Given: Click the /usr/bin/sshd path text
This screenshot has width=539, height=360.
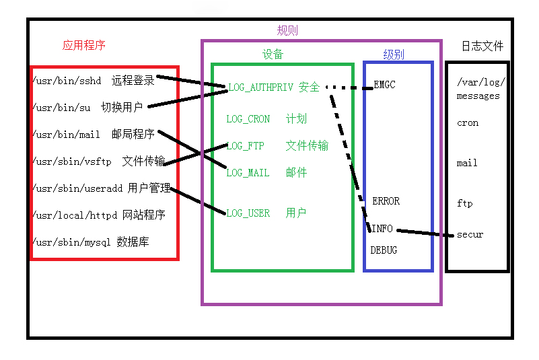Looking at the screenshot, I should click(67, 81).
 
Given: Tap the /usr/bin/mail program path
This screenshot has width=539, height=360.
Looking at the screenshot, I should click(67, 135).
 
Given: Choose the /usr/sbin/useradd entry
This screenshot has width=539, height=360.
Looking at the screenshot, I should click(77, 188).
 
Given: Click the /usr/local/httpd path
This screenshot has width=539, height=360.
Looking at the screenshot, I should click(75, 215).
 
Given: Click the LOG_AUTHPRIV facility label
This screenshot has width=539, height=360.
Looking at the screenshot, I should click(260, 87).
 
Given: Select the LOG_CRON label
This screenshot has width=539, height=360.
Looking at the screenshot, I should click(248, 119).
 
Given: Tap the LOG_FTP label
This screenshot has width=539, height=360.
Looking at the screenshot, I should click(245, 146).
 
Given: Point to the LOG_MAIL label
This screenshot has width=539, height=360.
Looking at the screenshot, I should click(248, 173).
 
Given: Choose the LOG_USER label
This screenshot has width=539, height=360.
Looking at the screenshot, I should click(248, 213).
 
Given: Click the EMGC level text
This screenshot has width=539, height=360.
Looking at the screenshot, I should click(384, 85).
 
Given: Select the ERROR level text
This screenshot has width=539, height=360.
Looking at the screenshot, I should click(386, 201).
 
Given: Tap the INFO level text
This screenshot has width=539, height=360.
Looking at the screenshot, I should click(382, 229).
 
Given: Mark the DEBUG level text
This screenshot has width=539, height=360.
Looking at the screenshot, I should click(384, 250).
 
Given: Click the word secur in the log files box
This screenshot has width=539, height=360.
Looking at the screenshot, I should click(470, 235).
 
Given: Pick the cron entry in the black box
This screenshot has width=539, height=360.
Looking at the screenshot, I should click(468, 123).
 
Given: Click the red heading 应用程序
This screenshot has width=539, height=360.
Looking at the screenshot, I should click(84, 46).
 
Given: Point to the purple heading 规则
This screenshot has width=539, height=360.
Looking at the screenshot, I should click(287, 30).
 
